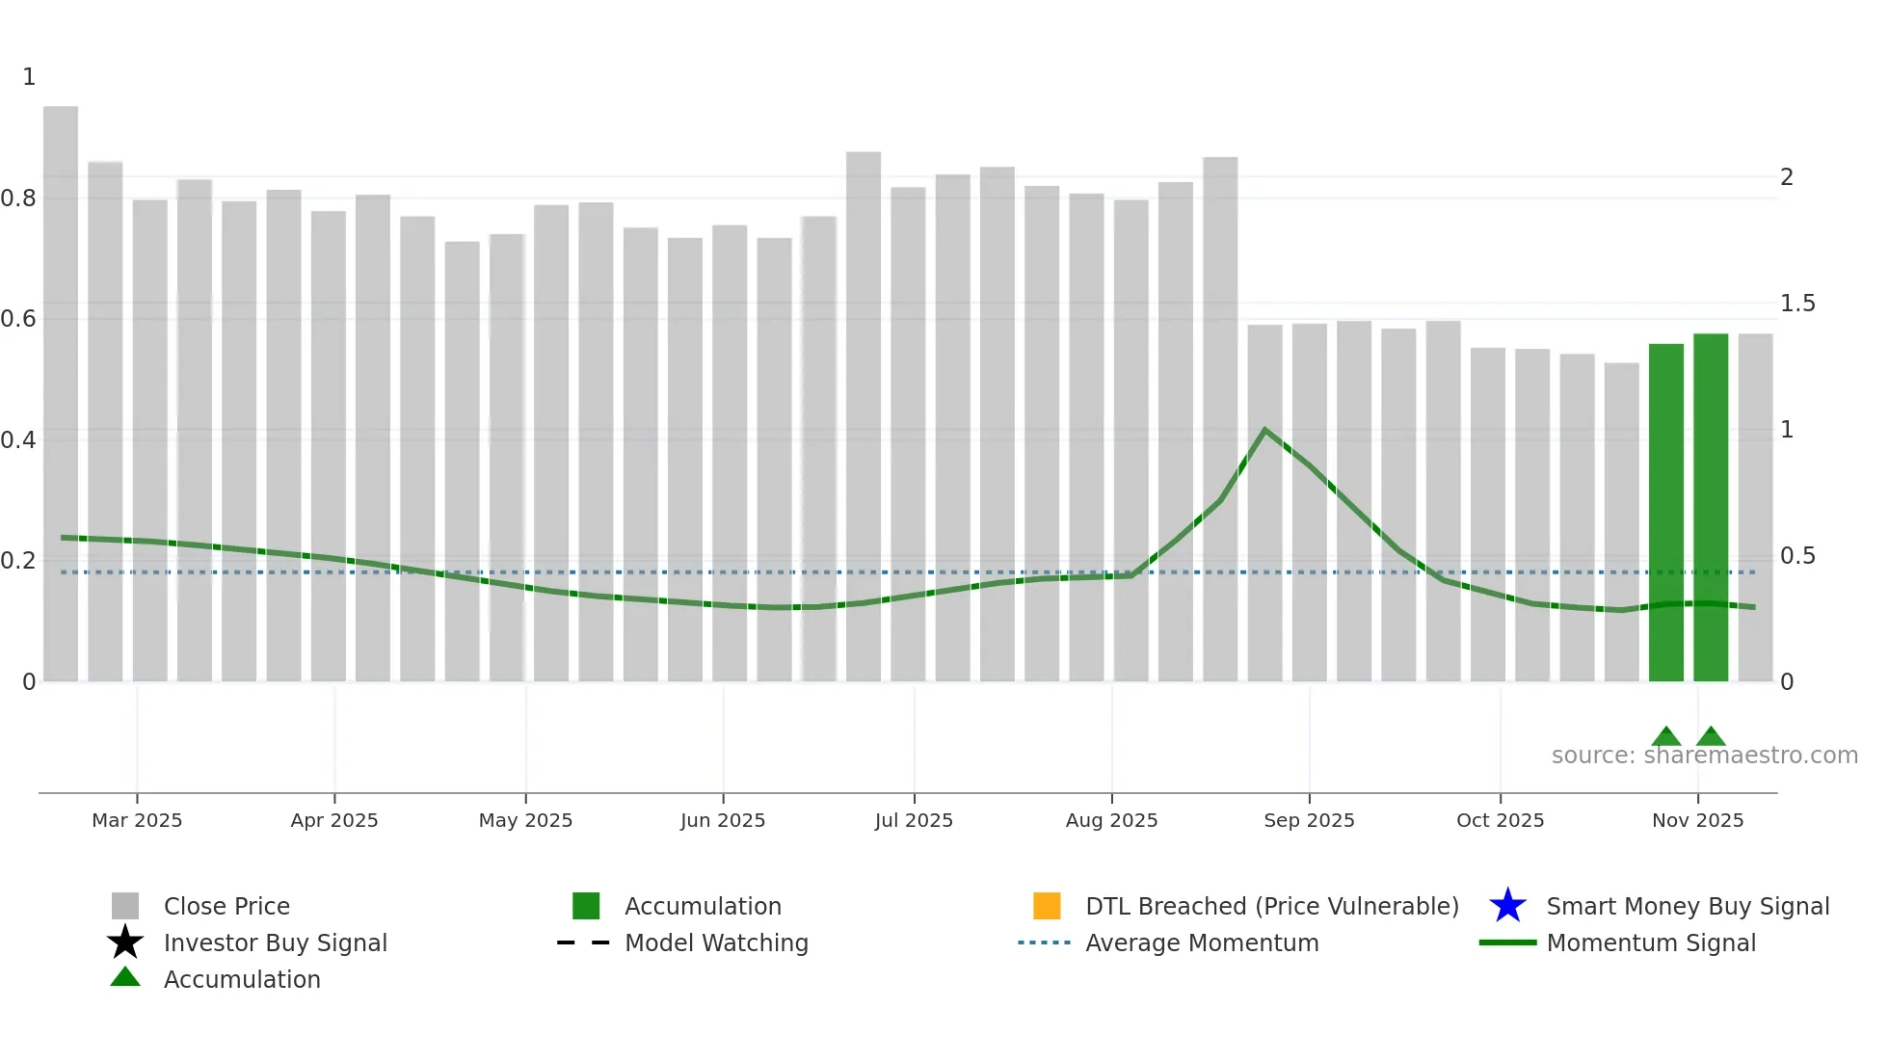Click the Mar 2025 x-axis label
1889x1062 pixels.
(137, 820)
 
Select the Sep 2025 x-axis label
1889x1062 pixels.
(1309, 820)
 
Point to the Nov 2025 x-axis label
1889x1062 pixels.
(1697, 820)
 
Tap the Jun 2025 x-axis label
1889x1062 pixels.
(723, 820)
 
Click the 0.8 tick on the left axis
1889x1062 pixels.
(19, 199)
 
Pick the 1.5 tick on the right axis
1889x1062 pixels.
(1797, 304)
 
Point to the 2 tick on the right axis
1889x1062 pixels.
(1787, 177)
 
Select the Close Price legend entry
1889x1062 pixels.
(226, 906)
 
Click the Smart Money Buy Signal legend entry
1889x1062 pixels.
(1688, 906)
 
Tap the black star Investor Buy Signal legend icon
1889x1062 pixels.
(125, 943)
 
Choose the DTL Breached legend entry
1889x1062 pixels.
(1271, 906)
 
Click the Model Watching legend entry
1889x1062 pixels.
(716, 943)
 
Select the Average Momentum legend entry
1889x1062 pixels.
(1202, 943)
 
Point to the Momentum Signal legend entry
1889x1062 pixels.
(1651, 943)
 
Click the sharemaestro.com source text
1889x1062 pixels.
(1704, 756)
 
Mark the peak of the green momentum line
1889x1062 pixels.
(1264, 430)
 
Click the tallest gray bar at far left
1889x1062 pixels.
(61, 395)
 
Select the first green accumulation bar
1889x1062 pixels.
(1665, 511)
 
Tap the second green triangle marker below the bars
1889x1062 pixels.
(1711, 736)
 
